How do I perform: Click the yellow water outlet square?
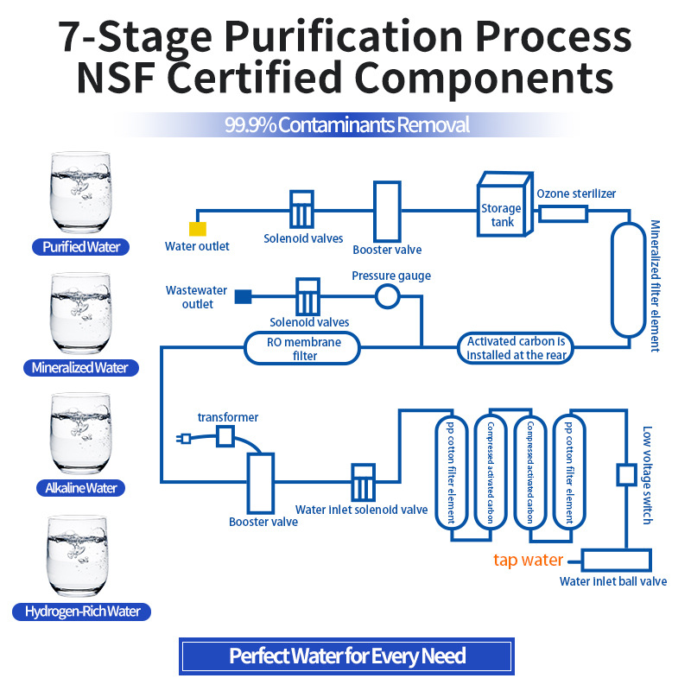pos(198,228)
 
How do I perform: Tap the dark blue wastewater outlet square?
pos(244,297)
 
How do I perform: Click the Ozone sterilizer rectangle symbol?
pos(562,212)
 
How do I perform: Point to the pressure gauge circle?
pos(387,297)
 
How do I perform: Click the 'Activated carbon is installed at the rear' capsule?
pos(515,347)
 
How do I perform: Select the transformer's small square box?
pos(225,436)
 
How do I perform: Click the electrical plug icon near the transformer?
pos(184,439)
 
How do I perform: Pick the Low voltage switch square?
pos(626,475)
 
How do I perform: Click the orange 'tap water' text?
pos(528,560)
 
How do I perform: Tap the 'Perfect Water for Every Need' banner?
pos(346,656)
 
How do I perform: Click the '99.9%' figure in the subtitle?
pos(250,125)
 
